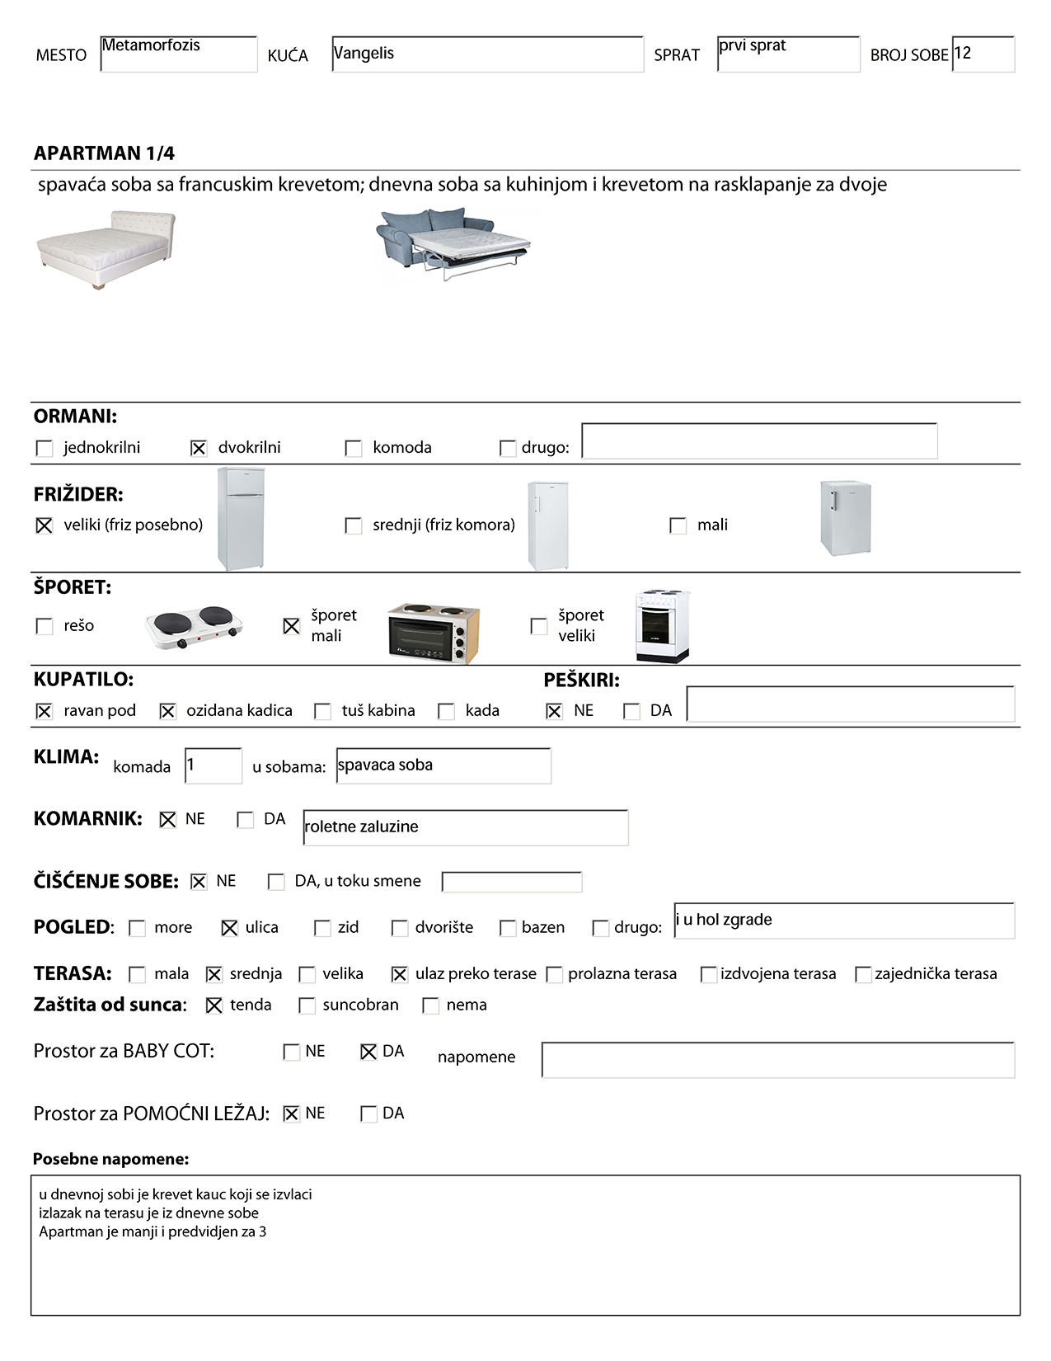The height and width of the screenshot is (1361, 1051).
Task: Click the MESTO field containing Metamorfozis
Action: click(178, 54)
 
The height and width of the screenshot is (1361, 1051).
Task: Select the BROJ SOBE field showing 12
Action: click(983, 54)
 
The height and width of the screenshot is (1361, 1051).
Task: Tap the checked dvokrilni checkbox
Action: click(199, 448)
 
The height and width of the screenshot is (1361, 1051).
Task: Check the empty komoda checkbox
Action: click(354, 448)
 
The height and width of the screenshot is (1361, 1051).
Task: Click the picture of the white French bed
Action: click(106, 249)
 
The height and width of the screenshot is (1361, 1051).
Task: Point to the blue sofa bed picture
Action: click(453, 243)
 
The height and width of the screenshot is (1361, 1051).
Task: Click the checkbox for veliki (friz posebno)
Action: click(45, 525)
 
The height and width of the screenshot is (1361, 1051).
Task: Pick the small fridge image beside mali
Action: click(845, 518)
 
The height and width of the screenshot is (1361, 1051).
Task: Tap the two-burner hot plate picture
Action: click(195, 627)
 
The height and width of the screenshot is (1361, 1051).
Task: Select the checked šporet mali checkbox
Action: click(292, 626)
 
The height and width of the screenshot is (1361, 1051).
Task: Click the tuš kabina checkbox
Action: click(323, 711)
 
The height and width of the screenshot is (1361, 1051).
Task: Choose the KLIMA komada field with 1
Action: click(213, 765)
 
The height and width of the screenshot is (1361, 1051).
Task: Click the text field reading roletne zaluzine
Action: click(465, 827)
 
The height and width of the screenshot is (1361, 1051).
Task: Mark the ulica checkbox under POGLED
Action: click(230, 928)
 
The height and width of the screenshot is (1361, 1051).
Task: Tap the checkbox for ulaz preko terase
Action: click(400, 974)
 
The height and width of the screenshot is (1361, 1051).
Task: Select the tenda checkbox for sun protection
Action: click(214, 1005)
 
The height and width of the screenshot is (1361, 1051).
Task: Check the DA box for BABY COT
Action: click(368, 1052)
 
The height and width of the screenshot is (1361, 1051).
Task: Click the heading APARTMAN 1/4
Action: click(104, 153)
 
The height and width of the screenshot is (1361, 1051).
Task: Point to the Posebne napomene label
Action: click(110, 1159)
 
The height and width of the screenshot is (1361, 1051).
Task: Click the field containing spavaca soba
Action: click(443, 765)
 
